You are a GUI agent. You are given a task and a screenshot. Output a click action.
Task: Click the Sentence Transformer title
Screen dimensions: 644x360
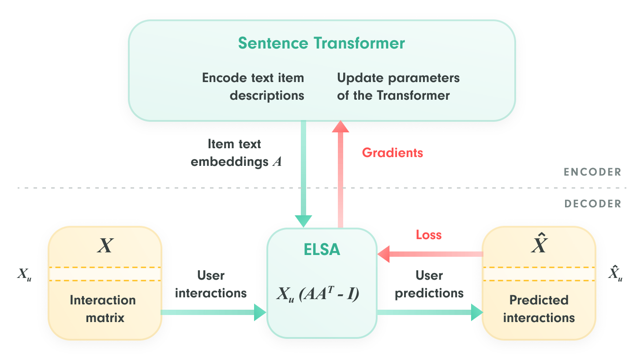[x=322, y=43]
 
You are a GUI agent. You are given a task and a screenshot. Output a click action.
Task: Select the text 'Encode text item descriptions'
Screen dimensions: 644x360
[x=253, y=86]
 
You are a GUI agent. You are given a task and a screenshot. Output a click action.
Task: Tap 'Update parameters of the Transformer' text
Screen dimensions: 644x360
[x=398, y=86]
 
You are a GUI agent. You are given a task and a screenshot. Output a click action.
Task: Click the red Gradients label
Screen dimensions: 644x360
[x=393, y=153]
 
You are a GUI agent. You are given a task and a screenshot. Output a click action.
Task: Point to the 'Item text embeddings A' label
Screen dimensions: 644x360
[x=236, y=153]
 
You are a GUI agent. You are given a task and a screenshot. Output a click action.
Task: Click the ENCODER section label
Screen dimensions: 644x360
[x=592, y=172]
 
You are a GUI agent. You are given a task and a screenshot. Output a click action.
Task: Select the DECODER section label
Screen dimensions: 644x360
[x=593, y=203]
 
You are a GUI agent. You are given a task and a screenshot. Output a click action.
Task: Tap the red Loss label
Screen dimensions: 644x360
[x=429, y=235]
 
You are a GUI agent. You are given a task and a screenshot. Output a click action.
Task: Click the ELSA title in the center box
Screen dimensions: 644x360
[x=322, y=249]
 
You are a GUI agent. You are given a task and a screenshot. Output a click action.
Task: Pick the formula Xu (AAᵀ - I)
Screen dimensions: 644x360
[x=318, y=294]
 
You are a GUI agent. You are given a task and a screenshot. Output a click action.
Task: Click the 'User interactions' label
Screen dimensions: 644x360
[x=211, y=284]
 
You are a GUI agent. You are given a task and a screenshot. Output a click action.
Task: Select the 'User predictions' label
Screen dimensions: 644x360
[x=429, y=284]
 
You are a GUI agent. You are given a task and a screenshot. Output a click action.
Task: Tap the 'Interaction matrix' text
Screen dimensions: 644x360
[x=103, y=309]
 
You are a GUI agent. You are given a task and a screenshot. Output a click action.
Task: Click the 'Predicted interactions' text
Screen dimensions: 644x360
[x=539, y=309]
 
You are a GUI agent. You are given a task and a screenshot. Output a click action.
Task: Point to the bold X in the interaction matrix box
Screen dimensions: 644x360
[x=105, y=246]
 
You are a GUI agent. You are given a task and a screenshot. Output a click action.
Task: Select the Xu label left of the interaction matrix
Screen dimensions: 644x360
[x=24, y=274]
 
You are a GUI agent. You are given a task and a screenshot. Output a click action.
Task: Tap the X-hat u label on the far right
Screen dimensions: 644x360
[x=615, y=273]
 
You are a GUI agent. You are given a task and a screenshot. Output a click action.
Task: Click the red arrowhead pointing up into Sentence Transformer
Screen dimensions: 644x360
[x=341, y=127]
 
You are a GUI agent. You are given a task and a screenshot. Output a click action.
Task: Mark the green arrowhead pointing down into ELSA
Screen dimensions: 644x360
[x=303, y=221]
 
